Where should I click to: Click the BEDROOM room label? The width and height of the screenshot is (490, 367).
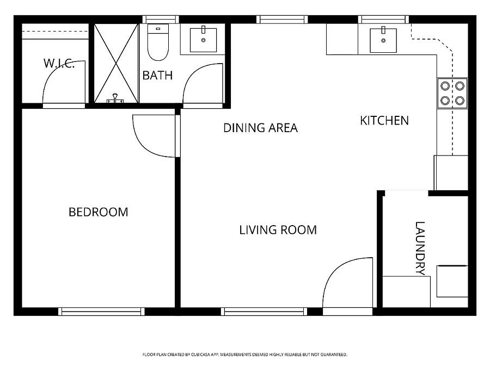tap(99, 212)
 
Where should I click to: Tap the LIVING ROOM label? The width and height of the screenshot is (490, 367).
tap(278, 230)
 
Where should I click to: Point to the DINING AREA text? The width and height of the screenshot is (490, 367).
tap(261, 128)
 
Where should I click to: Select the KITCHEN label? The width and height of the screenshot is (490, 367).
tap(384, 121)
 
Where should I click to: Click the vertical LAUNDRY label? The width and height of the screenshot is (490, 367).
tap(420, 248)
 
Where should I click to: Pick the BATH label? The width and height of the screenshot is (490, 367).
tap(157, 75)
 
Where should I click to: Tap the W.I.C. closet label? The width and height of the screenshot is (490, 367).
tap(59, 64)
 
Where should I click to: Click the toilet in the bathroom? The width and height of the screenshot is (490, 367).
tap(158, 42)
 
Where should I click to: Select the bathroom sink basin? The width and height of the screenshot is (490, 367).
tap(203, 40)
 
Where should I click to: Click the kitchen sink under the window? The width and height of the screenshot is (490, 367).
tap(383, 40)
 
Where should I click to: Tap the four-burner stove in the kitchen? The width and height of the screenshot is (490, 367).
tap(452, 93)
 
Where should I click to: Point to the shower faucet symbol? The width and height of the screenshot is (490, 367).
tap(115, 98)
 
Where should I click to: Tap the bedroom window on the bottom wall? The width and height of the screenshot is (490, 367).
tap(101, 311)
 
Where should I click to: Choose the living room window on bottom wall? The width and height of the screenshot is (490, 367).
tap(264, 311)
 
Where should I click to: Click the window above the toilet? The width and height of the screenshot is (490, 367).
tap(161, 20)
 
